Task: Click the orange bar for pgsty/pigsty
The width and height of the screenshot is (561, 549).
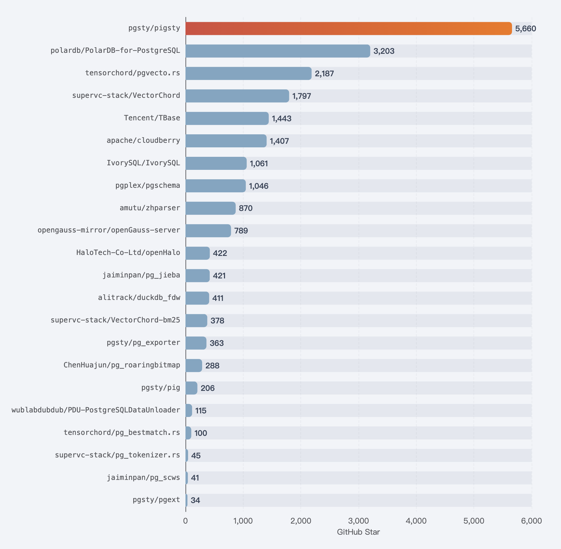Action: coord(349,28)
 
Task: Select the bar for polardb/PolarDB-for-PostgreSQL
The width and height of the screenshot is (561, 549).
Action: coord(278,51)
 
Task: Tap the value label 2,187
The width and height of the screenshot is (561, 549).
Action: coord(324,74)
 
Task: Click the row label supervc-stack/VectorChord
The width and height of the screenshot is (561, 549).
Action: coord(126,95)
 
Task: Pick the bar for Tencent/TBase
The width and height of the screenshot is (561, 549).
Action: coord(227,118)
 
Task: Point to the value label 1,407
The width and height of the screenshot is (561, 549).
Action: coord(279,141)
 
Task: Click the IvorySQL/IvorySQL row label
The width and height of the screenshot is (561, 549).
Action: coord(143,163)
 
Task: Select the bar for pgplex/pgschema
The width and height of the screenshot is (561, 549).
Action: coord(216,186)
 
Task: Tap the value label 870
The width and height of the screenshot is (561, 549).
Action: coord(246,208)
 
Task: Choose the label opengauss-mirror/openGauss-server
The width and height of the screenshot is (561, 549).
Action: coord(109,230)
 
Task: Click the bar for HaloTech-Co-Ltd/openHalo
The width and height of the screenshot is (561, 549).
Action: coord(198,253)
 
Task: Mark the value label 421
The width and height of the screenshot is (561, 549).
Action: coord(219,276)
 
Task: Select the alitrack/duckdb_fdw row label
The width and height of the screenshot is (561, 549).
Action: coord(139,298)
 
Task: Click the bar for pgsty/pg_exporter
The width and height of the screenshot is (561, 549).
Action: coord(196,343)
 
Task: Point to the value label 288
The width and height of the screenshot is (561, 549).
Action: coord(212,366)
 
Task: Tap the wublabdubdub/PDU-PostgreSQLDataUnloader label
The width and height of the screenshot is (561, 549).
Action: coord(96,410)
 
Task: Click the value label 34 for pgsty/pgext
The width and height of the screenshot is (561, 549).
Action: coord(195,500)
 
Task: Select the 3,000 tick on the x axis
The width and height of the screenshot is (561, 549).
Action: coord(359,521)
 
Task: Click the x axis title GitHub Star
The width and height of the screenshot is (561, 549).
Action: coord(358,533)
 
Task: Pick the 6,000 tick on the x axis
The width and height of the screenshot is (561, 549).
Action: coord(532,521)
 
